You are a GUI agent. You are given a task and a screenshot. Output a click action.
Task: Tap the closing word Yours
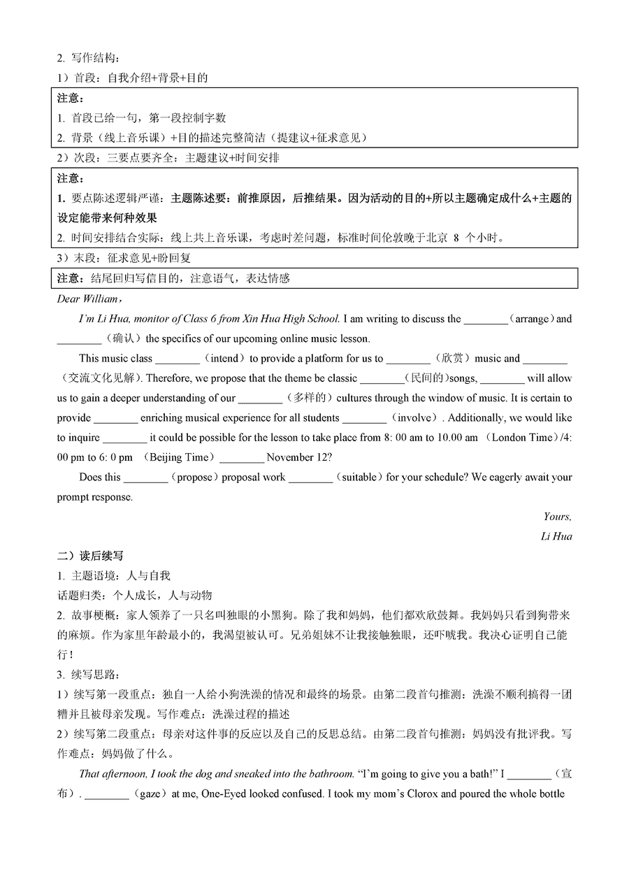coord(557,517)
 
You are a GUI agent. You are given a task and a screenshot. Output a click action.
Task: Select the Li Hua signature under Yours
coord(556,536)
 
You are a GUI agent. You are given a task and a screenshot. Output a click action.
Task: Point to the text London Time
coord(519,438)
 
